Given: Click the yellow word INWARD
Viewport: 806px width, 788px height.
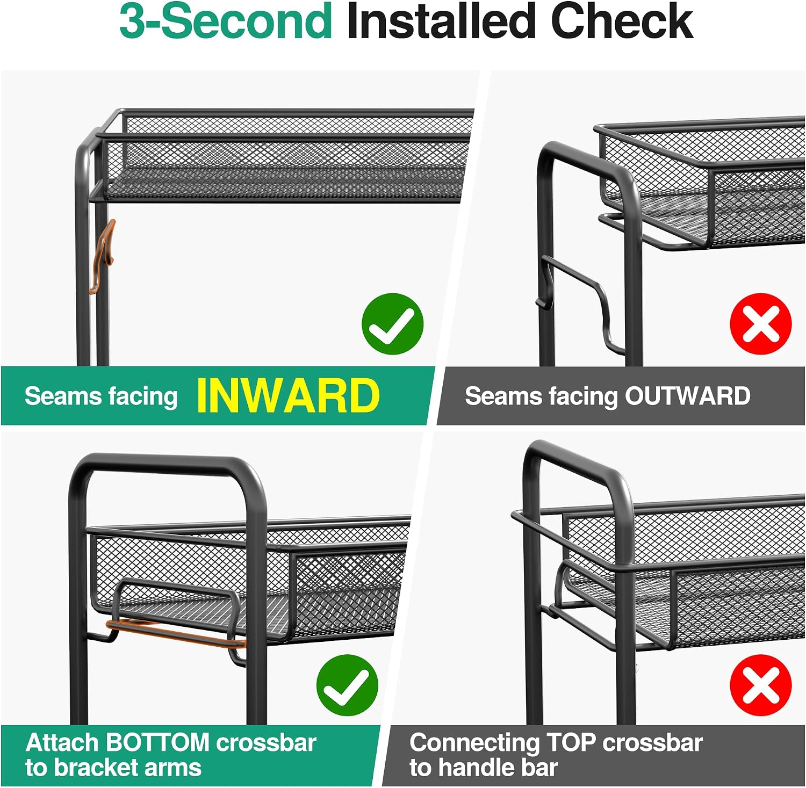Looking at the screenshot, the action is [x=288, y=396].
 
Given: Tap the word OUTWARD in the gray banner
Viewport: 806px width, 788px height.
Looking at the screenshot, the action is [x=687, y=396].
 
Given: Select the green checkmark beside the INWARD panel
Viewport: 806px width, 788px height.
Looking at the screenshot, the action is [x=393, y=324].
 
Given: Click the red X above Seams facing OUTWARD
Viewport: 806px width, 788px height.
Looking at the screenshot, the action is [x=761, y=324].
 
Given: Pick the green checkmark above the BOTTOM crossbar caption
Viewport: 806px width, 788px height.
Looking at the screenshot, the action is [x=347, y=685].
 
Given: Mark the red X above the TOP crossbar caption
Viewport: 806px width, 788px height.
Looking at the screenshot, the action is [x=761, y=685].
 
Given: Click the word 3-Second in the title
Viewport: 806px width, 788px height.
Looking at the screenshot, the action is [x=226, y=21].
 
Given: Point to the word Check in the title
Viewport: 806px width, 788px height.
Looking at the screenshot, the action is [x=622, y=21].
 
